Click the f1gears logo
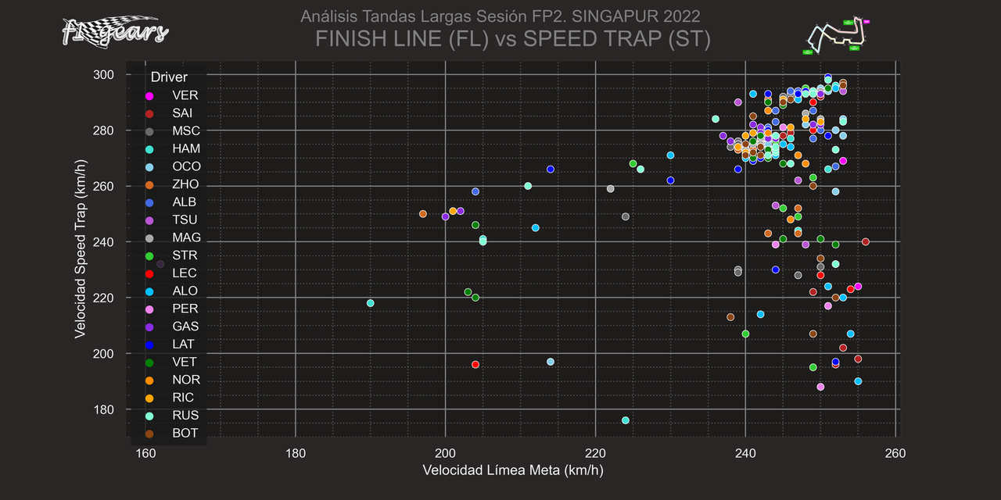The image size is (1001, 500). coord(114,31)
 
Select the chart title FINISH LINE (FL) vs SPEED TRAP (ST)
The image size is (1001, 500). coord(512,39)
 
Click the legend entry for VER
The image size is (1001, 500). coord(185,95)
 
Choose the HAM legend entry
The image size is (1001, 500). coord(185,148)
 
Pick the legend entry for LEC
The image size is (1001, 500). coord(184,273)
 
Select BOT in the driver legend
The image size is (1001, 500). coord(185,433)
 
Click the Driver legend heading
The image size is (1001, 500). coord(169,77)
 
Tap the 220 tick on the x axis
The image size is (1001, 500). coord(595,453)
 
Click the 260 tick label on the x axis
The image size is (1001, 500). coord(895,453)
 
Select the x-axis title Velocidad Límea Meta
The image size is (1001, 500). coord(512,470)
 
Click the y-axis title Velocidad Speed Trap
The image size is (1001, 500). coord(80,243)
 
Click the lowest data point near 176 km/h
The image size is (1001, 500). coord(626,420)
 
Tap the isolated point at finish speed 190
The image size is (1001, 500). coord(371,303)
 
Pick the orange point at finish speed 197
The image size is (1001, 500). coord(423,214)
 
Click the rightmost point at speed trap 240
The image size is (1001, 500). coord(866,241)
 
